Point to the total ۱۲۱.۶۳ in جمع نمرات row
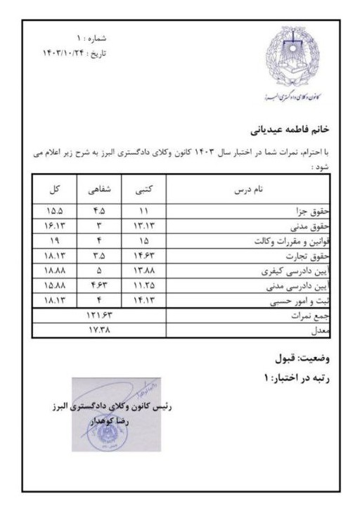[98, 317]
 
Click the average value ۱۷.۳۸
[98, 332]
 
